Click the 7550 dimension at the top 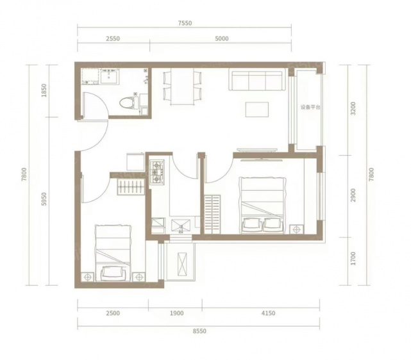click(185, 23)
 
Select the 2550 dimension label click(113, 38)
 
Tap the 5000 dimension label click(221, 38)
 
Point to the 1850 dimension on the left click(44, 90)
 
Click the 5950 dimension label click(44, 199)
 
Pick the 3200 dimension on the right click(353, 109)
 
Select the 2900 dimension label click(353, 195)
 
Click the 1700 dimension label click(353, 258)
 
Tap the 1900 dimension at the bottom click(177, 313)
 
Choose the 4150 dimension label click(268, 313)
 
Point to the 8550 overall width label click(199, 331)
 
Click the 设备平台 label click(310, 108)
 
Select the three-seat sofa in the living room click(257, 79)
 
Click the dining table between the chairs click(183, 86)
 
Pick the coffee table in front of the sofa click(257, 110)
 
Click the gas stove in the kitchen click(157, 172)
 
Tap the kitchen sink click(181, 226)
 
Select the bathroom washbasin click(110, 76)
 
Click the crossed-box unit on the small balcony click(182, 264)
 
